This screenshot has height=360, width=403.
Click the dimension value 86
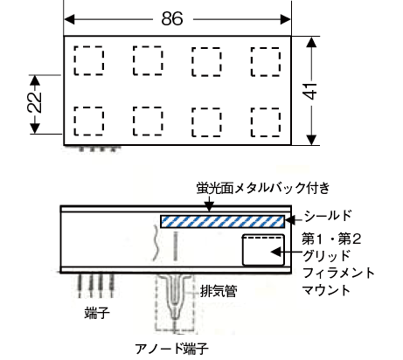(x=172, y=18)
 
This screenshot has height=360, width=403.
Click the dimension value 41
(x=311, y=91)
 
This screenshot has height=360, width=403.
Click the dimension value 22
(x=34, y=102)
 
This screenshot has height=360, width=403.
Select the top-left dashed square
(x=88, y=60)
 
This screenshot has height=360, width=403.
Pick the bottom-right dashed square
(x=266, y=122)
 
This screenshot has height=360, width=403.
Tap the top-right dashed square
(x=266, y=62)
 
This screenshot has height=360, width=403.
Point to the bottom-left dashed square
(x=88, y=121)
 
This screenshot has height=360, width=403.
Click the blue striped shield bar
(x=222, y=222)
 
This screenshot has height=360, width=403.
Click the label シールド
(x=328, y=216)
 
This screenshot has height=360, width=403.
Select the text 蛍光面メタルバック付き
(x=263, y=188)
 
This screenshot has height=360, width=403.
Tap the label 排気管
(x=219, y=291)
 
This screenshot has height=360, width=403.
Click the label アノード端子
(x=171, y=349)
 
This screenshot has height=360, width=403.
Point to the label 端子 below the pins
(x=97, y=314)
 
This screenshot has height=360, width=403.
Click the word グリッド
(x=326, y=256)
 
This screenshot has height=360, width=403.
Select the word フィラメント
(x=338, y=273)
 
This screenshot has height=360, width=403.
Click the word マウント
(x=326, y=290)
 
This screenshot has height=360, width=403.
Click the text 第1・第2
(x=331, y=239)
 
